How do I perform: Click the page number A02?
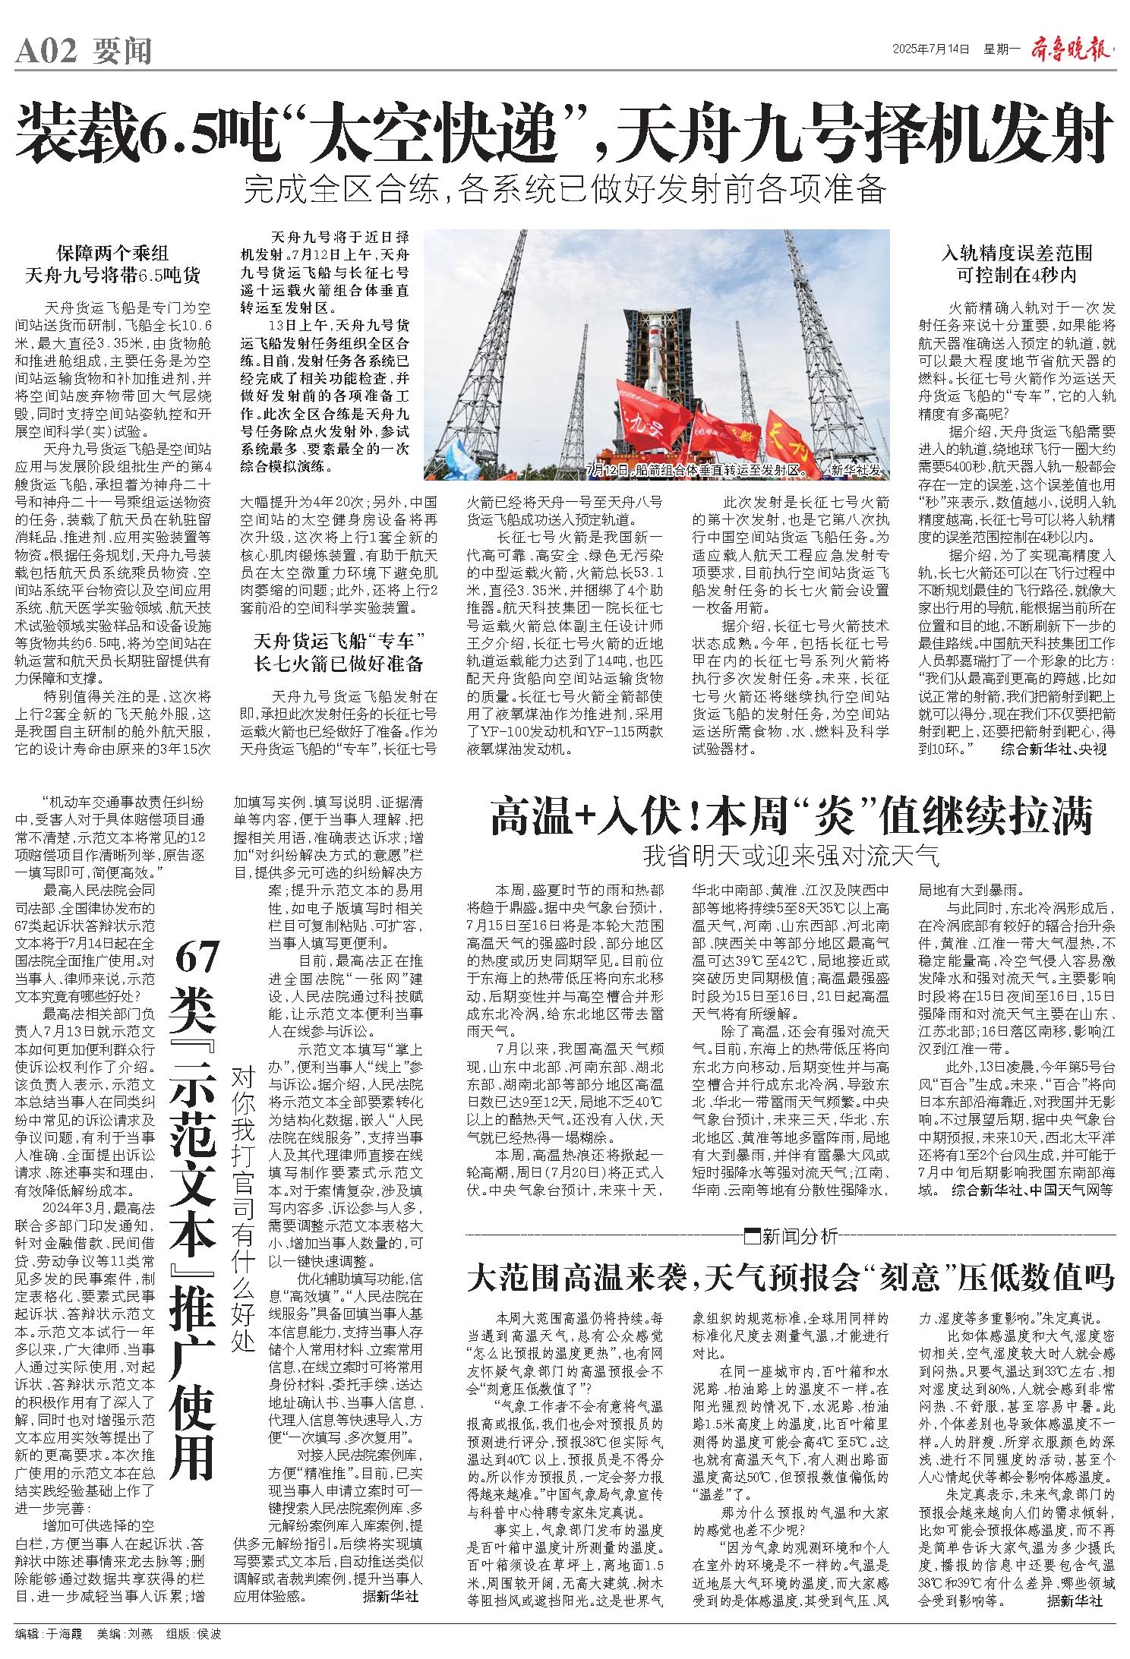(46, 52)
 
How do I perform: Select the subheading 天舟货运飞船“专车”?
(339, 640)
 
